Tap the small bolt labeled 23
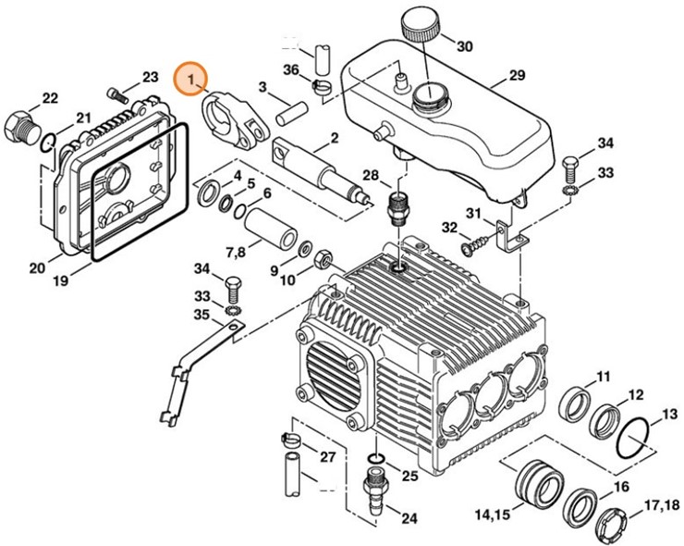pyautogui.click(x=116, y=93)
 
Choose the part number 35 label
pyautogui.click(x=202, y=316)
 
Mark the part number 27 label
pyautogui.click(x=327, y=457)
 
